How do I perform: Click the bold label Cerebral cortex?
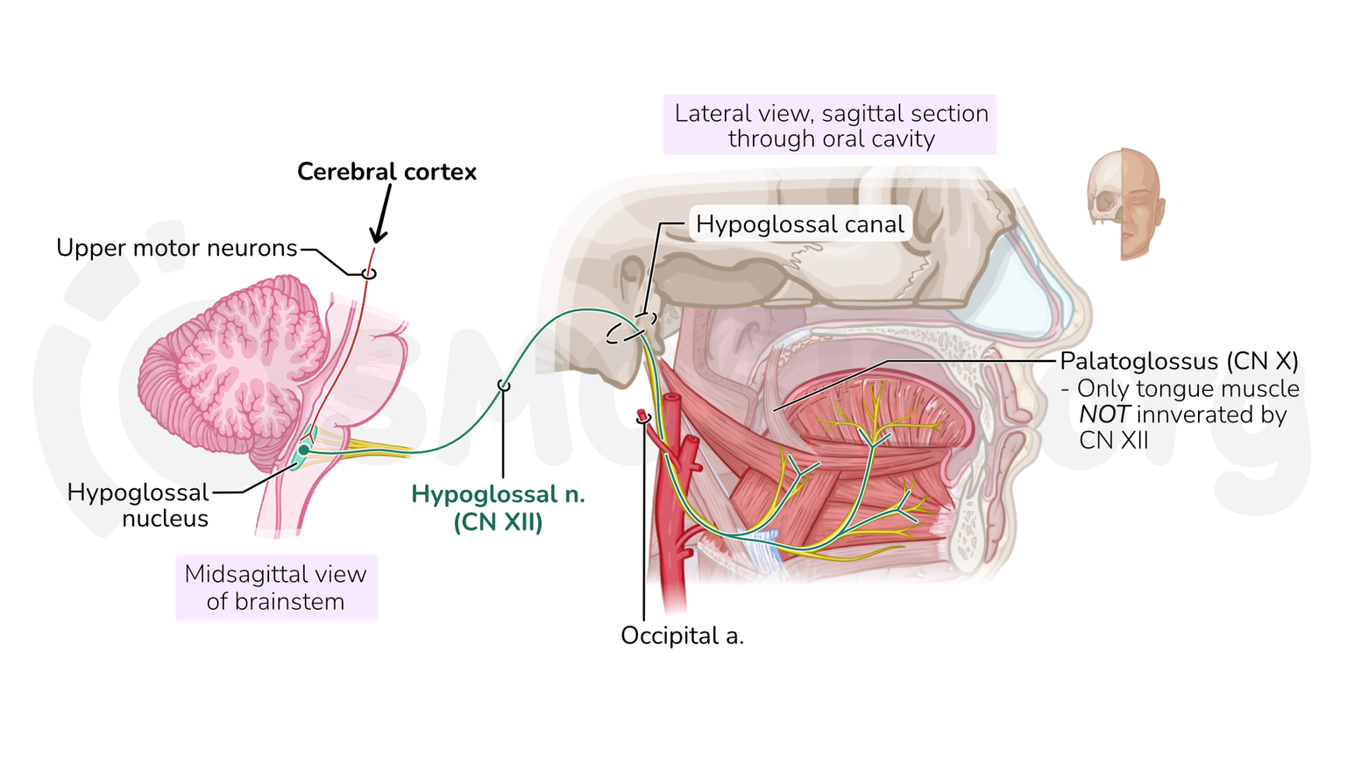coord(386,172)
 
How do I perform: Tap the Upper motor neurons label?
coord(177,248)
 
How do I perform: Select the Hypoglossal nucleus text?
coord(138,506)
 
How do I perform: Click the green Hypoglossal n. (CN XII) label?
coord(498,507)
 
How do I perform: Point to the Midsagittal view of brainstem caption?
coord(276,587)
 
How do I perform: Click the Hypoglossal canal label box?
coord(799,224)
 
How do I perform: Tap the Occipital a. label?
coord(682,635)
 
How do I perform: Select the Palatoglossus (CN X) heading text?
coord(1179,361)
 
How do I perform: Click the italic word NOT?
coord(1102,414)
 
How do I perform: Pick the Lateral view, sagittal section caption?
coord(830,125)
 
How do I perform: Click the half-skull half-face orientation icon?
coord(1126,204)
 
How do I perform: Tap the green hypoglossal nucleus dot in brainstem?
coord(303,450)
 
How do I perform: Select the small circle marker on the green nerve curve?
coord(503,386)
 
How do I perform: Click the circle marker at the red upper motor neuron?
coord(369,273)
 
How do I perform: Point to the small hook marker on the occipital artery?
coord(643,419)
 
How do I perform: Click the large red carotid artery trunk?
coord(674,526)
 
